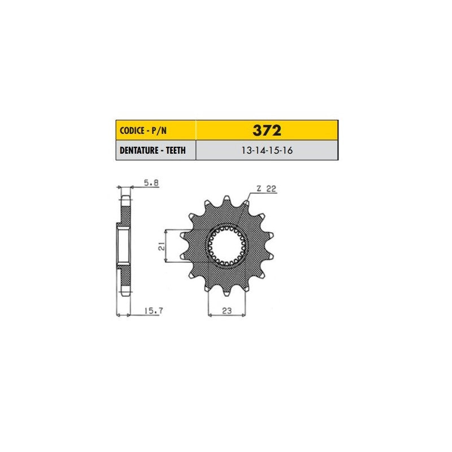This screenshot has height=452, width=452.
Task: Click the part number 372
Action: pyautogui.click(x=267, y=131)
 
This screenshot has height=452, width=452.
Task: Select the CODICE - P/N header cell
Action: pyautogui.click(x=156, y=131)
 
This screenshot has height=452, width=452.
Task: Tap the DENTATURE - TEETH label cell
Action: pyautogui.click(x=156, y=150)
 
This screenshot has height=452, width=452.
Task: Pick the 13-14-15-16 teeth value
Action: pyautogui.click(x=267, y=150)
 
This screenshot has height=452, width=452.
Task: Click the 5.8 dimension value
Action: pyautogui.click(x=151, y=182)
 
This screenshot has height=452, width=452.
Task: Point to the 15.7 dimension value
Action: pyautogui.click(x=153, y=311)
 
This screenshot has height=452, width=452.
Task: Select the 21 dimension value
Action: pyautogui.click(x=162, y=246)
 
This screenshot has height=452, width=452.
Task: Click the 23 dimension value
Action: pyautogui.click(x=227, y=311)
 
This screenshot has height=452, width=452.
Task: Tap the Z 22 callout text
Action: pyautogui.click(x=266, y=189)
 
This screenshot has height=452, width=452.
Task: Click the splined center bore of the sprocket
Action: pyautogui.click(x=227, y=246)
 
